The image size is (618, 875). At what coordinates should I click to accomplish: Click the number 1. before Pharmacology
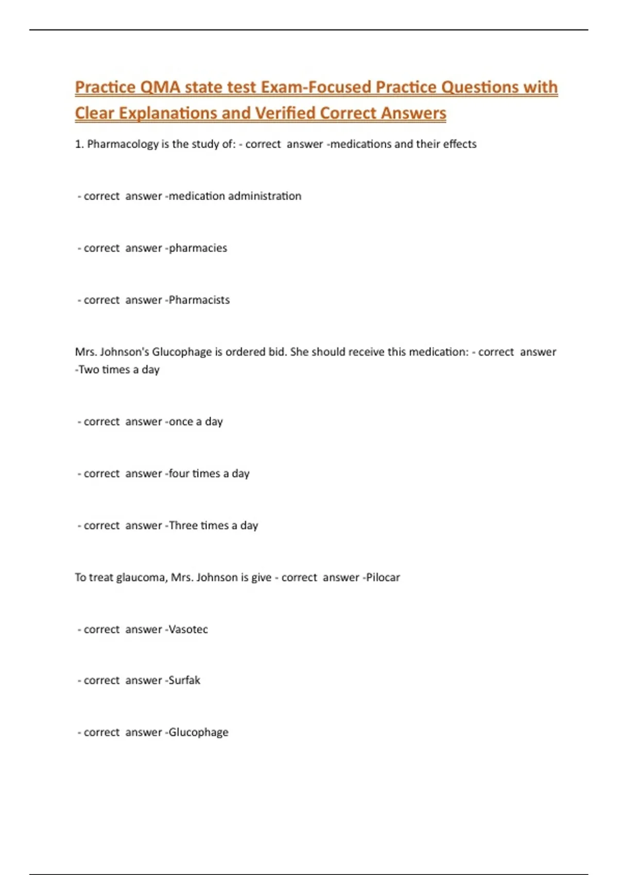click(x=79, y=144)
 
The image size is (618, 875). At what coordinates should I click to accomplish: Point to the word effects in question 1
click(x=459, y=144)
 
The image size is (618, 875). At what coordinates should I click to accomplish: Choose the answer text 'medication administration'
click(x=235, y=196)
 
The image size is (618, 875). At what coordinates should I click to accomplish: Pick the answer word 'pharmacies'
click(x=198, y=248)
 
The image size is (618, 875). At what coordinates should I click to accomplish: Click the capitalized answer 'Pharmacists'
click(x=199, y=300)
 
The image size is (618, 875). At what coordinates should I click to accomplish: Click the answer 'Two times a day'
click(x=119, y=370)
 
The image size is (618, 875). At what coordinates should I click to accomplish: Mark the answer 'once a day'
click(x=196, y=422)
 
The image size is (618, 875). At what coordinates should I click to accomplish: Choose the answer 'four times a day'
click(x=209, y=474)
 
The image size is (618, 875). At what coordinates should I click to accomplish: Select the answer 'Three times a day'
click(x=213, y=526)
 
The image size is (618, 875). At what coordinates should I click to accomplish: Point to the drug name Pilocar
click(x=383, y=577)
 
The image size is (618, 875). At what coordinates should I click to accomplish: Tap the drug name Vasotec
click(x=188, y=629)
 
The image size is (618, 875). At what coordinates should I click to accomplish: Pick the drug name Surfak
click(x=184, y=680)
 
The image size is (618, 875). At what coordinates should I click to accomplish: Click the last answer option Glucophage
click(x=198, y=732)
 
